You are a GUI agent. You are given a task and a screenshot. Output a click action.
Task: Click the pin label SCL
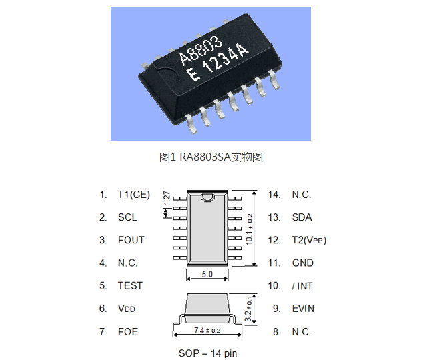[127, 217]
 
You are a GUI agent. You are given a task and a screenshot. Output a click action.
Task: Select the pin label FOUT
[131, 240]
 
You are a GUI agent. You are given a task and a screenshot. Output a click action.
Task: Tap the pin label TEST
[130, 285]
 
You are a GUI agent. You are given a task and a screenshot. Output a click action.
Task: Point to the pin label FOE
[127, 331]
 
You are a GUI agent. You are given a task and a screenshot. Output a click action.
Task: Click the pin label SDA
[302, 217]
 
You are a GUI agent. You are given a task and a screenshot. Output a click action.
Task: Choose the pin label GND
[302, 263]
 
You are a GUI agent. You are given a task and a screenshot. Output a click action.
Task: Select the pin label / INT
[303, 286]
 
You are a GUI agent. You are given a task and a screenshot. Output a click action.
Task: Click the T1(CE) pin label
[134, 195]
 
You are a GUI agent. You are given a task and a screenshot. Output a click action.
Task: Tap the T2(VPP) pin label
[309, 240]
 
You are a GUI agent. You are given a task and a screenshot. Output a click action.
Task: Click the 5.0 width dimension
[207, 274]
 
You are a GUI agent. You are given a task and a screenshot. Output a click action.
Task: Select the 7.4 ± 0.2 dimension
[207, 330]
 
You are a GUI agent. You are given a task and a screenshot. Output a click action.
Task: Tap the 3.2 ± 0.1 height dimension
[249, 307]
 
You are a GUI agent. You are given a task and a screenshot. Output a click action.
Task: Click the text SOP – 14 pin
[207, 353]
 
